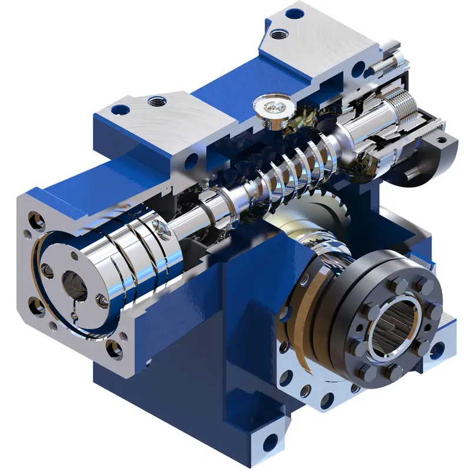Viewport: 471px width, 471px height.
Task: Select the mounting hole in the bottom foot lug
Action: pos(269,440)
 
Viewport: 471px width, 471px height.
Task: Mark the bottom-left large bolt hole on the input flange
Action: pos(35,306)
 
